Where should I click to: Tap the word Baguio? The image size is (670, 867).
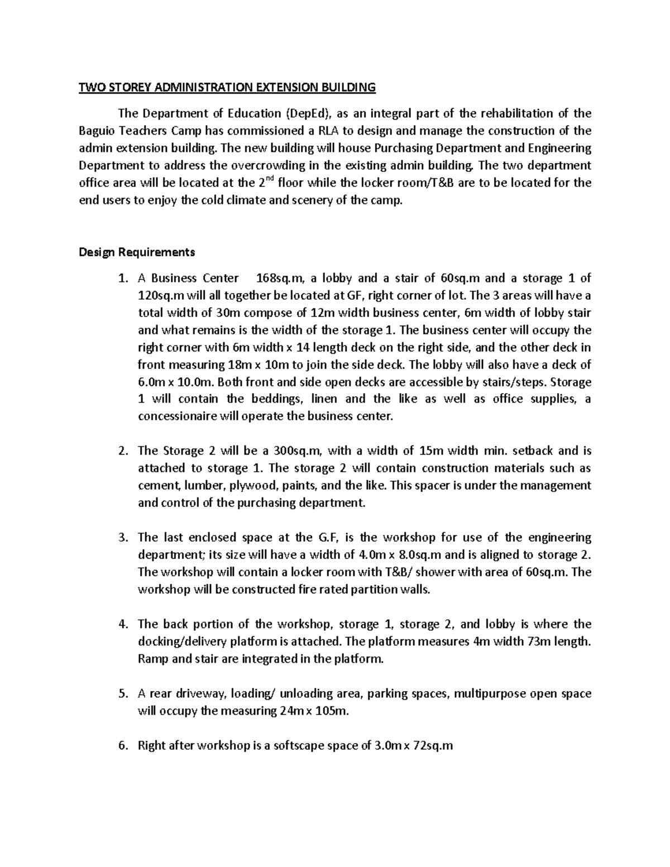pyautogui.click(x=96, y=131)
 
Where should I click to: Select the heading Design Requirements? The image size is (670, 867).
pyautogui.click(x=137, y=252)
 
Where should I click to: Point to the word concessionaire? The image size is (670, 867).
pyautogui.click(x=180, y=416)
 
